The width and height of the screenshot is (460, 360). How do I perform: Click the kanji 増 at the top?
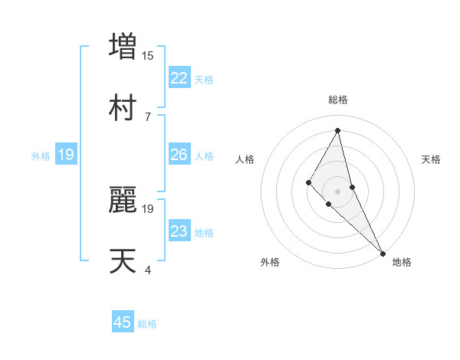pos(123,46)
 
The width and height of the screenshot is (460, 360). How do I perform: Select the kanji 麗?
pos(123,200)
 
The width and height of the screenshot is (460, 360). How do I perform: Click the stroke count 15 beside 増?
pos(148,55)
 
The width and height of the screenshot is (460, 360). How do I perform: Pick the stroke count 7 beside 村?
pos(148,116)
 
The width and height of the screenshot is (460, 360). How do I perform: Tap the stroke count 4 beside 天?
pos(148,270)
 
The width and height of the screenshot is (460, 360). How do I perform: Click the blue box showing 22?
pos(179,78)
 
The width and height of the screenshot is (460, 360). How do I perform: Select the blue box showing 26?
pos(179,155)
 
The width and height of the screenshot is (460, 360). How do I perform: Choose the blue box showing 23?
pos(179,231)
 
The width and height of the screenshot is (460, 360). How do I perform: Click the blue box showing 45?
pos(123,322)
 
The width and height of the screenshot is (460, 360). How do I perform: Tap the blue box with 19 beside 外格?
pos(66,155)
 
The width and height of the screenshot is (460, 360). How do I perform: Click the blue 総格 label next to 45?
pos(148,324)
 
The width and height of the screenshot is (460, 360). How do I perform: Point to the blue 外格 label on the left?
pos(41,156)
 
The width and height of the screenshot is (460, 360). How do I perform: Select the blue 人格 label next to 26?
pos(204,156)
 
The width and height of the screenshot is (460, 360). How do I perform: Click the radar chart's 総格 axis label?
pos(338,100)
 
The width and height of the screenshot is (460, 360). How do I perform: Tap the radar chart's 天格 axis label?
pos(432,159)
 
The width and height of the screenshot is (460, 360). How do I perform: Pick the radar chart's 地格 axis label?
pos(402,262)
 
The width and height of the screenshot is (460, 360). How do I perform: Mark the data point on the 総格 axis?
pos(338,130)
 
